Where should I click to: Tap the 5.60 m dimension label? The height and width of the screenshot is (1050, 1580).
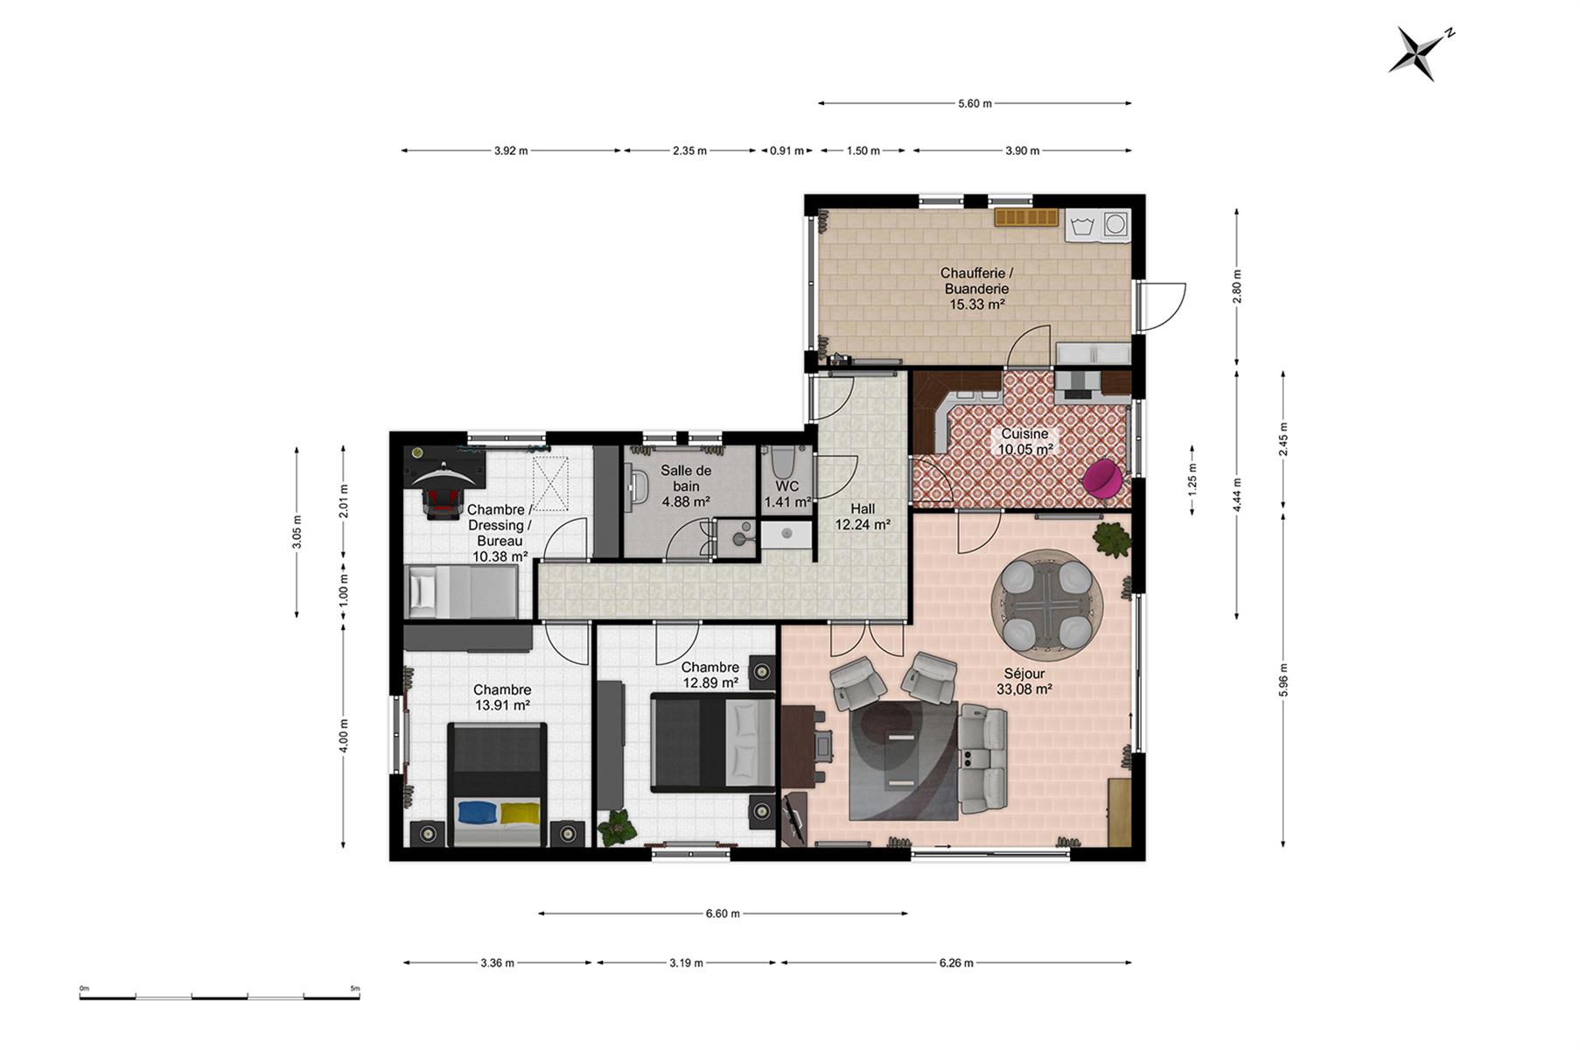(975, 103)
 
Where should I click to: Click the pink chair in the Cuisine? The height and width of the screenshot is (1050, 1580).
(1102, 479)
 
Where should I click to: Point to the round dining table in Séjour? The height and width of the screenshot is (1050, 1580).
(1046, 604)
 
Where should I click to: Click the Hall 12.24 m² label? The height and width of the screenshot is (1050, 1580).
(863, 516)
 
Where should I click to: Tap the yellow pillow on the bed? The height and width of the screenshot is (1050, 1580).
(521, 813)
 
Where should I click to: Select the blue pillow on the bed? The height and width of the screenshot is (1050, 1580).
(478, 812)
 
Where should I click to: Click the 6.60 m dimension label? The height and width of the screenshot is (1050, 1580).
(723, 913)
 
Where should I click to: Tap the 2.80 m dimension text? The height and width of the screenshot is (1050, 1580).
(1236, 287)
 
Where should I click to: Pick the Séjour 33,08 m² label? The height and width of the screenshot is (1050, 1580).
(1024, 682)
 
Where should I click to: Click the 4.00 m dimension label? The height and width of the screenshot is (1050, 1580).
(343, 736)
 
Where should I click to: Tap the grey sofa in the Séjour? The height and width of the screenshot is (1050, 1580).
(983, 757)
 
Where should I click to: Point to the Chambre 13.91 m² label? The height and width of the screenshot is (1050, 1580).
(502, 697)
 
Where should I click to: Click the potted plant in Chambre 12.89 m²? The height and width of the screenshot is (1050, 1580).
(618, 826)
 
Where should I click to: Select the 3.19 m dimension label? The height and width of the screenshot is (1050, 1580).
(686, 962)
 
